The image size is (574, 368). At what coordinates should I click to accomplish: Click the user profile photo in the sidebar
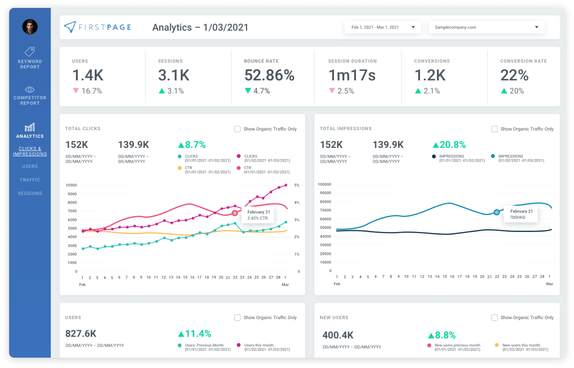click(30, 27)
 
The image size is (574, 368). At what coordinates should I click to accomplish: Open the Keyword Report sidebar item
click(30, 58)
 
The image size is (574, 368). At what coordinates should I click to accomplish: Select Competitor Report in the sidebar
click(30, 96)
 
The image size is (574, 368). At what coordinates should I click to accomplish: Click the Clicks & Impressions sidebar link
click(30, 151)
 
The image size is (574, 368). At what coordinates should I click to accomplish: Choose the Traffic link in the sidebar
click(30, 180)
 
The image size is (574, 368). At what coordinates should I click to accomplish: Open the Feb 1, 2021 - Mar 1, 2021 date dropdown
click(383, 27)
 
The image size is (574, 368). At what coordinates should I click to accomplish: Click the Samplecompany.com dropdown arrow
click(537, 27)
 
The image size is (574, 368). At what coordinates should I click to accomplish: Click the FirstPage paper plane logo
click(70, 27)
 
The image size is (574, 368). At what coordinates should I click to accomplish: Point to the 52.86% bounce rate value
click(269, 75)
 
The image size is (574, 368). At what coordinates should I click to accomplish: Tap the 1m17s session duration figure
click(352, 75)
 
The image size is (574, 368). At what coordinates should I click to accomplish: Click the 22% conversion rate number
click(514, 75)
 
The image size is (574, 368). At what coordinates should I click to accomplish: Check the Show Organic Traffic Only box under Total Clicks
click(237, 129)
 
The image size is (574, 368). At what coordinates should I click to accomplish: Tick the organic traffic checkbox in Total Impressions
click(494, 129)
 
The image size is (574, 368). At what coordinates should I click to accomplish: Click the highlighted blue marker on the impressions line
click(497, 212)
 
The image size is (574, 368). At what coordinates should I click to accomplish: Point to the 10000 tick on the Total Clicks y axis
click(71, 185)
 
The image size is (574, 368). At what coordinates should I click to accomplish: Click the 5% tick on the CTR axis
click(297, 185)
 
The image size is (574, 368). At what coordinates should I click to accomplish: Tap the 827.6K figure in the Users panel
click(81, 334)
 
